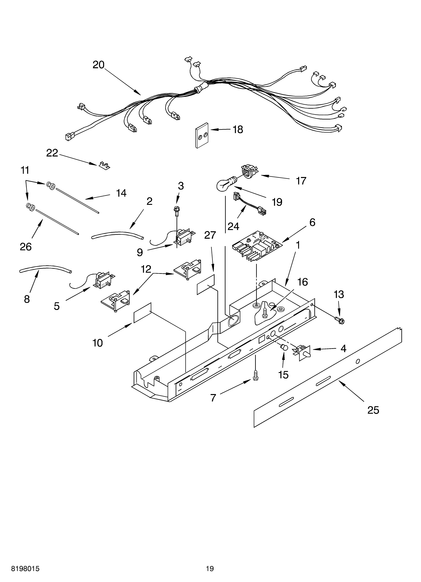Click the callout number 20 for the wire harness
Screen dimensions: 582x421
[x=98, y=65]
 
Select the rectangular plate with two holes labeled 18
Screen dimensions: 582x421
[x=202, y=135]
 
